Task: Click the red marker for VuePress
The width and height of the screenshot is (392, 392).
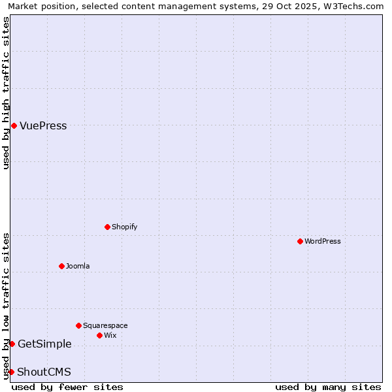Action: [14, 125]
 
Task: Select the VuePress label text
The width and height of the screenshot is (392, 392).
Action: [43, 126]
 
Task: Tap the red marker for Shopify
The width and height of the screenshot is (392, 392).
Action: [107, 227]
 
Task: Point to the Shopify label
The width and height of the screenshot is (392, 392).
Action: [124, 227]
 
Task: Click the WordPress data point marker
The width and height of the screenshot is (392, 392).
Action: [300, 241]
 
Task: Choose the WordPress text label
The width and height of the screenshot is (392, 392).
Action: [322, 241]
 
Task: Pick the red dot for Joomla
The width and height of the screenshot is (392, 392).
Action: [61, 266]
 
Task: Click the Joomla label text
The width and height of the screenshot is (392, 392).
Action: [78, 266]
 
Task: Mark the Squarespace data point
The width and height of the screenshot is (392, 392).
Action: [78, 325]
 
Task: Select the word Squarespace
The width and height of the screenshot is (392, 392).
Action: [105, 325]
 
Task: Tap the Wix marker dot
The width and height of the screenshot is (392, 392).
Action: [99, 335]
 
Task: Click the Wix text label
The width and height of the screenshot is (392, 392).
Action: [110, 335]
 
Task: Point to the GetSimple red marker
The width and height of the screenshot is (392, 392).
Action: [12, 344]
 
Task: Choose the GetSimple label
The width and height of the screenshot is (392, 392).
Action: [44, 344]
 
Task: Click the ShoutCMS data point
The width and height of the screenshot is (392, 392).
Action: [11, 372]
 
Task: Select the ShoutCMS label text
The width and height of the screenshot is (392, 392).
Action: [44, 372]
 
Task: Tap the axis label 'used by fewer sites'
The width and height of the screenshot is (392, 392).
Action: [67, 387]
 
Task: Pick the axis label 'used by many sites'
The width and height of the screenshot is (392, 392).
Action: [328, 387]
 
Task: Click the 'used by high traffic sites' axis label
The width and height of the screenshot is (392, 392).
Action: [7, 93]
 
